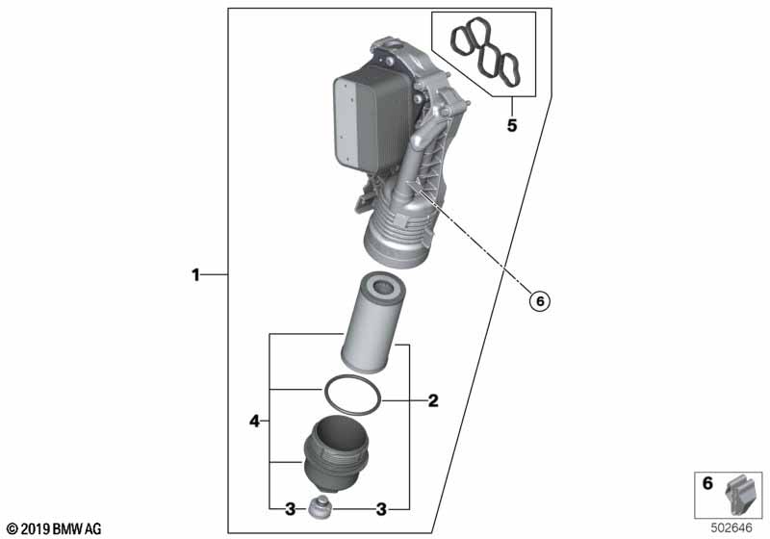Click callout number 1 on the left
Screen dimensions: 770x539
195,275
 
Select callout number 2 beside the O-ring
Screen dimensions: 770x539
432,400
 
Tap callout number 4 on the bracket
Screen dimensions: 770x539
254,421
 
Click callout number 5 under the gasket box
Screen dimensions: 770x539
512,126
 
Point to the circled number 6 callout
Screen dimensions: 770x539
540,300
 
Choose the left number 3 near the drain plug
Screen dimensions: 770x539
291,509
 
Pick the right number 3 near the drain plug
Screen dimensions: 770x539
381,509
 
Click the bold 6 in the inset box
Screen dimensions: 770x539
707,483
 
